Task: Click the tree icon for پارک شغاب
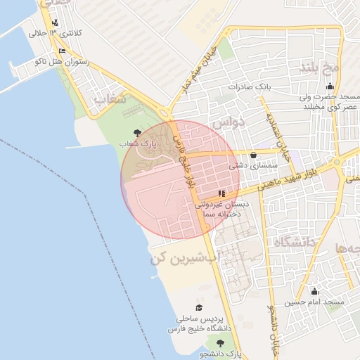pos(137,132)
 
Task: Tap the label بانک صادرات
pos(249,86)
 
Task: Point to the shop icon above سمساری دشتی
pos(253,155)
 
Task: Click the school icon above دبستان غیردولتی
pos(222,192)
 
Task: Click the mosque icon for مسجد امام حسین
pos(314,291)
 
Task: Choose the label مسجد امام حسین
pos(314,302)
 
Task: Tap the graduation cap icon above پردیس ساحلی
pos(199,308)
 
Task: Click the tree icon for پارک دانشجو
pos(221,343)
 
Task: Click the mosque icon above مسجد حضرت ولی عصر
pos(330,86)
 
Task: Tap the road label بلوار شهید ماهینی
pos(290,180)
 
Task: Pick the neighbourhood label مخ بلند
pos(320,68)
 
